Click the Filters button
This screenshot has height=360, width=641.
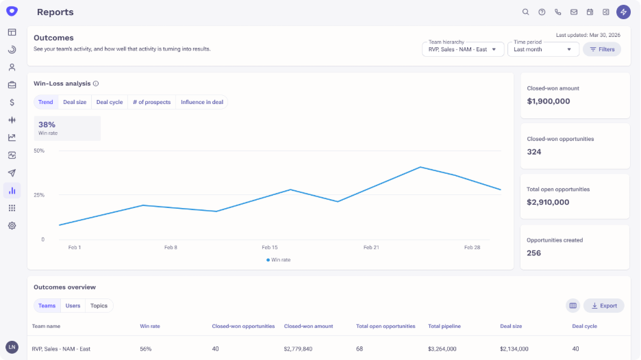point(602,49)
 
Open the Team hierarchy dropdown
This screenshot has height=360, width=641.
point(463,49)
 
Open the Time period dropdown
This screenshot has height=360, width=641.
point(543,49)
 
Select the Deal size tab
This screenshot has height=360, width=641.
point(75,102)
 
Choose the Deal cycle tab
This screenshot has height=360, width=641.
point(110,102)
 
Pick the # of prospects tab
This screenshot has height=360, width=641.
point(151,102)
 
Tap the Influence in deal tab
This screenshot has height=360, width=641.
point(202,102)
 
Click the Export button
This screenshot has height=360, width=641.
point(603,306)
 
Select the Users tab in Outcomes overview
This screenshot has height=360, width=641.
point(73,306)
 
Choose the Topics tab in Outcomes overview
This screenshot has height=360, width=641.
point(99,306)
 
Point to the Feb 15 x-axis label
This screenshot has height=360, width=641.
point(270,247)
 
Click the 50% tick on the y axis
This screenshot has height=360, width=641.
point(39,151)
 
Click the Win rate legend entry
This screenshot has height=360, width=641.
point(279,260)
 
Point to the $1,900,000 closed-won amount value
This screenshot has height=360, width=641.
point(548,101)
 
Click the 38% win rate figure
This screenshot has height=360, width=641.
point(47,125)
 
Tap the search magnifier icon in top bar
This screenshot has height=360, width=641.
point(525,12)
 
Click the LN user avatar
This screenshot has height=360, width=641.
point(12,347)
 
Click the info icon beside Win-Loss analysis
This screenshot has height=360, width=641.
point(96,83)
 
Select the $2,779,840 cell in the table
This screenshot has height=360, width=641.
point(299,349)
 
